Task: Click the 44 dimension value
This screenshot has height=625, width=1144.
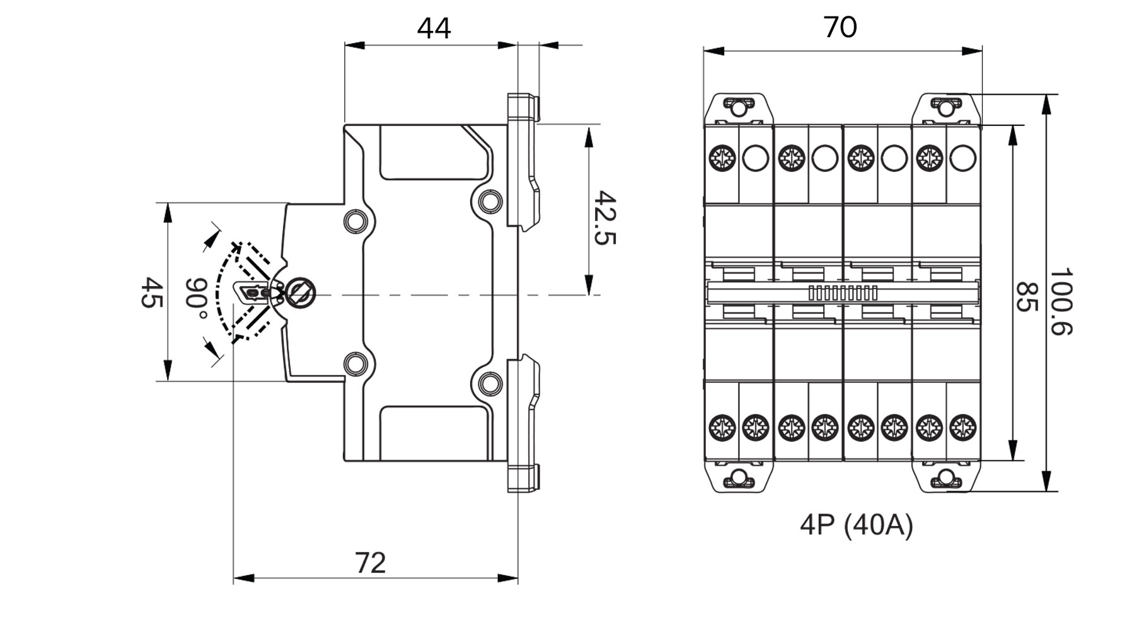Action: [434, 28]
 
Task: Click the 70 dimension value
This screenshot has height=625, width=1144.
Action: [840, 27]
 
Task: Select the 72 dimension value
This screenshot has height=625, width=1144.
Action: [371, 563]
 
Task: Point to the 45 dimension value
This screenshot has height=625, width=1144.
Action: [151, 292]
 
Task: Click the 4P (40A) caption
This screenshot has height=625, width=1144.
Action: [856, 526]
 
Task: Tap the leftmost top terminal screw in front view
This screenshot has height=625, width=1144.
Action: [721, 158]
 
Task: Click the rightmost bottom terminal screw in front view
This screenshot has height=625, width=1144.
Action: [962, 427]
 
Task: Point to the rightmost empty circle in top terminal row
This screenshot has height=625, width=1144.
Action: [962, 158]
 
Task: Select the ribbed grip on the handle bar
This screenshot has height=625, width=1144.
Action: [843, 293]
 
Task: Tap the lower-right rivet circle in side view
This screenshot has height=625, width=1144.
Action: [488, 382]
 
